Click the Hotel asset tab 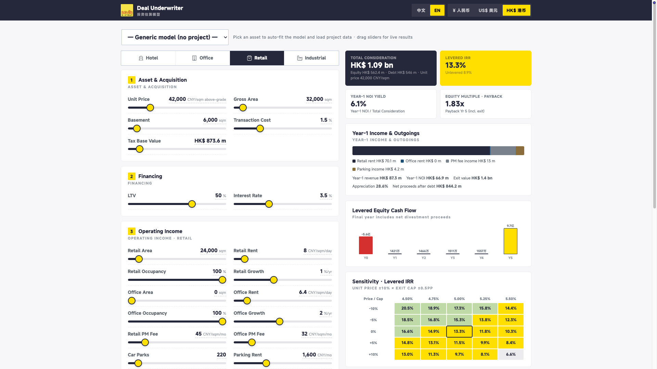(x=148, y=58)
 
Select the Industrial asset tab (x=311, y=58)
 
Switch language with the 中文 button (x=421, y=10)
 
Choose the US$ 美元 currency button (x=488, y=10)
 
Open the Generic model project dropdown (x=175, y=37)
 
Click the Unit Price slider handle (x=150, y=108)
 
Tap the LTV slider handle (x=192, y=204)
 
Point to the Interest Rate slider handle (x=269, y=204)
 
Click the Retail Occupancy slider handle (x=222, y=280)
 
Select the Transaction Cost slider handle (x=260, y=129)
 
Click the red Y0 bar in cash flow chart (x=366, y=245)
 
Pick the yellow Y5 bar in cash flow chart (x=511, y=241)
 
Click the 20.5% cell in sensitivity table (x=407, y=308)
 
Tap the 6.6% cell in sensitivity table (x=511, y=354)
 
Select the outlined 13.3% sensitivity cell (x=459, y=331)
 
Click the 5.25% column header (x=485, y=299)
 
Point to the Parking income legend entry (x=378, y=169)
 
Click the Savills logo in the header (x=127, y=10)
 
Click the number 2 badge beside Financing (x=131, y=176)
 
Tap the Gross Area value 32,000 (x=314, y=99)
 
